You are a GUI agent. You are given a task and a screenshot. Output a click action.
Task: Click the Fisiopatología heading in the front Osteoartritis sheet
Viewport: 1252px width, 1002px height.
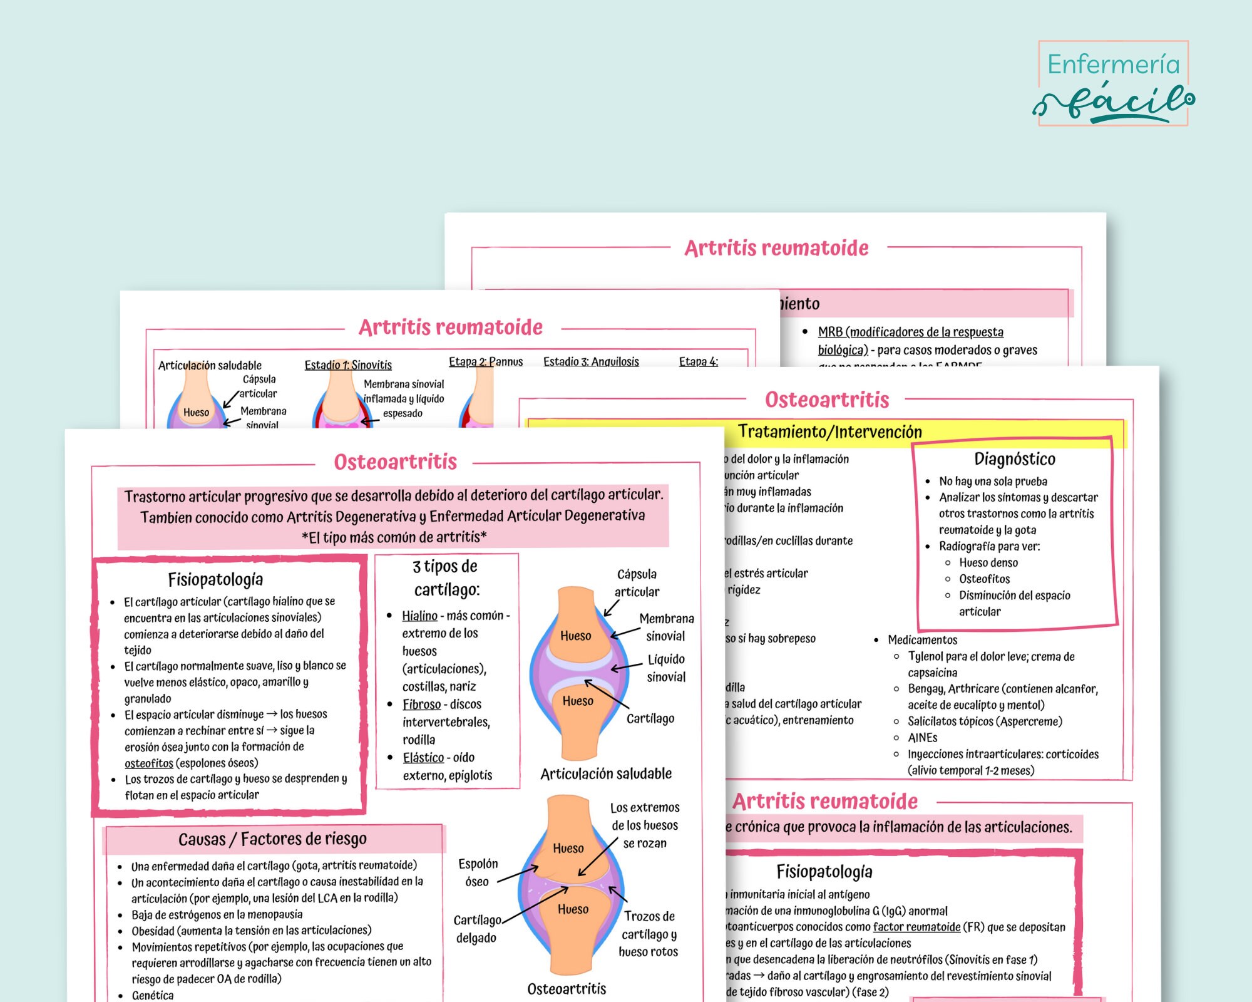(x=215, y=579)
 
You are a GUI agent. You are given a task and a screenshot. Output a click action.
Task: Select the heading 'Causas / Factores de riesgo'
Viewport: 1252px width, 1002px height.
(x=272, y=839)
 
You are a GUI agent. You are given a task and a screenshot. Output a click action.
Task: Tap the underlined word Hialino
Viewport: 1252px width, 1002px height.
(x=419, y=616)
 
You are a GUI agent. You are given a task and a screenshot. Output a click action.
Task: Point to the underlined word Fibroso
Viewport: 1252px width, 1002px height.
(x=421, y=705)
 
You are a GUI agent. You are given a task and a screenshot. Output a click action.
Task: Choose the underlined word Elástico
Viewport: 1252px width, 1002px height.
(x=423, y=758)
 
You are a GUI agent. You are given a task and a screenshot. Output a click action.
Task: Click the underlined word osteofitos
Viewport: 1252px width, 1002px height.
(x=149, y=763)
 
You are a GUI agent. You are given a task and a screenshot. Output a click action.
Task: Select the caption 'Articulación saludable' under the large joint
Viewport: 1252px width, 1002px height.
(x=606, y=774)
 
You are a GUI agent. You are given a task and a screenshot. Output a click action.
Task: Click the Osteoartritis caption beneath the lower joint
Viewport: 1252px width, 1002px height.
(x=567, y=989)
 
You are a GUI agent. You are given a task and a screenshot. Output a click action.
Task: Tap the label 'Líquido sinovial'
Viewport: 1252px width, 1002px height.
(x=666, y=668)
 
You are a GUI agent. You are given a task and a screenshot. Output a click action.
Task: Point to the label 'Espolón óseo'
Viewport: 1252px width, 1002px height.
(x=478, y=872)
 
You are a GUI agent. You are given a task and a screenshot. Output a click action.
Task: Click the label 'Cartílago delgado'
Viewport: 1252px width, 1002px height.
(x=477, y=929)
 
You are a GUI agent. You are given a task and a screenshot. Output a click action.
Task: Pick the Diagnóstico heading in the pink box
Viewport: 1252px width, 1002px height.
(x=1015, y=459)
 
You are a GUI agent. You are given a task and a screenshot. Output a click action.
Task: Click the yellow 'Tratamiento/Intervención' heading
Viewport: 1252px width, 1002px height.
(x=829, y=432)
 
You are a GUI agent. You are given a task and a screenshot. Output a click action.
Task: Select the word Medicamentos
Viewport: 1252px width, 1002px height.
(x=922, y=640)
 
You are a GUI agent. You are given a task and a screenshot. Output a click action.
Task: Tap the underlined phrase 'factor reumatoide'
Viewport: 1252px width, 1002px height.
(x=916, y=927)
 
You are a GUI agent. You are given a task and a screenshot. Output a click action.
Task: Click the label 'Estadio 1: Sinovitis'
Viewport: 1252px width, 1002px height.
(x=348, y=365)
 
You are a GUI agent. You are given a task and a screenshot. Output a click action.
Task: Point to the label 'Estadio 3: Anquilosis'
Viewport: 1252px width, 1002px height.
(x=591, y=361)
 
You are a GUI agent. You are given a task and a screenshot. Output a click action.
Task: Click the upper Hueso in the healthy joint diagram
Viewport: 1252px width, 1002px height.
(x=575, y=636)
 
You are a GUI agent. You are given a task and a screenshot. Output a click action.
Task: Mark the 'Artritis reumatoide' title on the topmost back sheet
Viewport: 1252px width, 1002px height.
(x=776, y=249)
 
